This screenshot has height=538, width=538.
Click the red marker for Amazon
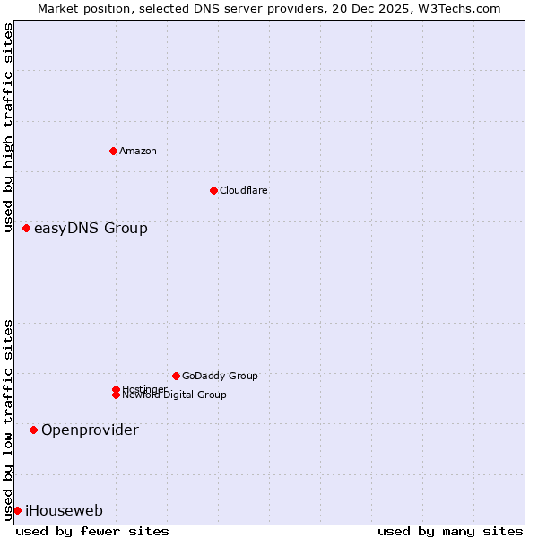tap(113, 151)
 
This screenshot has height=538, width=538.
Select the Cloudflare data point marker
tap(213, 190)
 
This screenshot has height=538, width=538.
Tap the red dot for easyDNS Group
tap(27, 229)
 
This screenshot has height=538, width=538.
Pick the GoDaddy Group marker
tap(176, 376)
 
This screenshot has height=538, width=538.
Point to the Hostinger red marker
tap(117, 389)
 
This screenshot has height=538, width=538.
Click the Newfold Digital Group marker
tap(117, 395)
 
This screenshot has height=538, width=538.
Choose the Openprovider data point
tap(34, 430)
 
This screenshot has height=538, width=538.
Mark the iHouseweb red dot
tap(17, 511)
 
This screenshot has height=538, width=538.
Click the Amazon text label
tap(137, 151)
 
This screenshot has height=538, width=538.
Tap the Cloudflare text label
tap(243, 190)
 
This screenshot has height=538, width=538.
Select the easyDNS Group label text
tap(91, 229)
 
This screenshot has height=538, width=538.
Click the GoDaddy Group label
tap(220, 376)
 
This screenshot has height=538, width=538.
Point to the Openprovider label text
tap(90, 430)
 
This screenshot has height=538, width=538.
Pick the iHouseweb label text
tap(64, 511)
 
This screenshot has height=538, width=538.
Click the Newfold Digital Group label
tap(174, 395)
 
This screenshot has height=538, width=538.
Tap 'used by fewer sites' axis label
tap(92, 531)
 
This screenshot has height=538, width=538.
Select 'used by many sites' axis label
tap(450, 531)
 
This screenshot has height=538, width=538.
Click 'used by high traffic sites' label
tap(8, 127)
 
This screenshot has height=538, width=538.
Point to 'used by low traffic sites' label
tap(8, 420)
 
